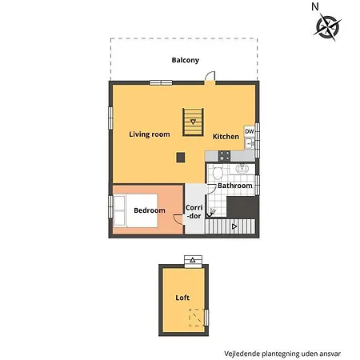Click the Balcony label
pyautogui.click(x=186, y=60)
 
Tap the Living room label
pyautogui.click(x=150, y=134)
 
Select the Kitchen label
pyautogui.click(x=226, y=137)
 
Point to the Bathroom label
pyautogui.click(x=235, y=186)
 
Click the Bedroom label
pyautogui.click(x=150, y=210)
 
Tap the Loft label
pyautogui.click(x=182, y=298)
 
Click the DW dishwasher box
pyautogui.click(x=250, y=131)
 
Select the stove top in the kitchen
pyautogui.click(x=224, y=156)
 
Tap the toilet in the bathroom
pyautogui.click(x=218, y=172)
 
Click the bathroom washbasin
pyautogui.click(x=242, y=169)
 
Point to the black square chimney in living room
pyautogui.click(x=181, y=158)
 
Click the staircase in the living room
pyautogui.click(x=193, y=122)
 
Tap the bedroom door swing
pyautogui.click(x=178, y=219)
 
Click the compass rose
pyautogui.click(x=327, y=27)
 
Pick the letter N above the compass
pyautogui.click(x=315, y=6)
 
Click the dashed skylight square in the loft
pyautogui.click(x=197, y=318)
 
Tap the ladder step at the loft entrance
pyautogui.click(x=193, y=261)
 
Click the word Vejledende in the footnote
pyautogui.click(x=242, y=354)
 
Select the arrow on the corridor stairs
pyautogui.click(x=234, y=226)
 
